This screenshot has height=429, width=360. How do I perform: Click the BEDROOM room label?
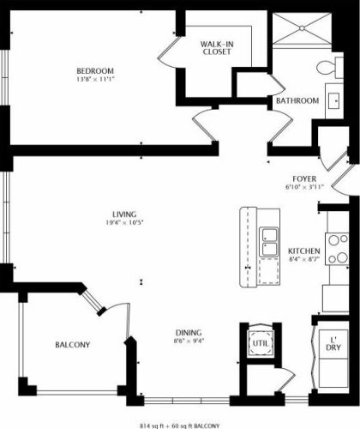click(95, 70)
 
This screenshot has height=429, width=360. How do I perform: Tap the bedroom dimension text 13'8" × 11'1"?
click(95, 79)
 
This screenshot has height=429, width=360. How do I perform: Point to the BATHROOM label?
click(297, 100)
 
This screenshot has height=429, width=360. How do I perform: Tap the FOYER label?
click(304, 178)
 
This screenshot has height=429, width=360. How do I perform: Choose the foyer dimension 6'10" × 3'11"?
click(304, 187)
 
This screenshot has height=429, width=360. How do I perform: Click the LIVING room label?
click(125, 214)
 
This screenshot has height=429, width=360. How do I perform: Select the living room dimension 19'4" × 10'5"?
click(125, 223)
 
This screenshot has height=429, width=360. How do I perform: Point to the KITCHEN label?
click(304, 251)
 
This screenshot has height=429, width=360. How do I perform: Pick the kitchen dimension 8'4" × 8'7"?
click(304, 259)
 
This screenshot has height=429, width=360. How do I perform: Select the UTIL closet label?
click(259, 343)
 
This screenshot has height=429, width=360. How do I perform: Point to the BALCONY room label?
click(73, 345)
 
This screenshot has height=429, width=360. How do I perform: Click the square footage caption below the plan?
click(179, 425)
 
